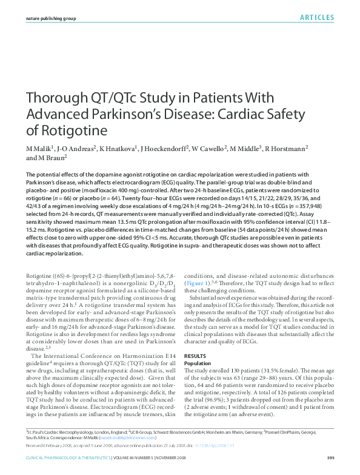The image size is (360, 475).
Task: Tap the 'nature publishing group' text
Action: pyautogui.click(x=52, y=19)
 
